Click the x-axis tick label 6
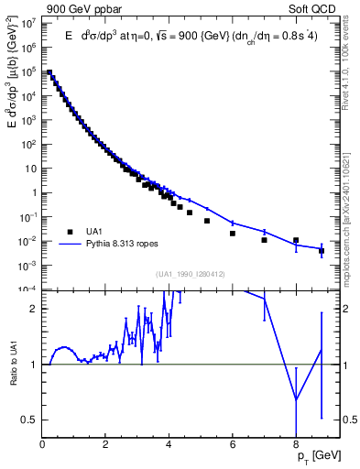233,444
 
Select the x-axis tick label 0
43,444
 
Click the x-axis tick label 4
169,444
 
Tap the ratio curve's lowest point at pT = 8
296,399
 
